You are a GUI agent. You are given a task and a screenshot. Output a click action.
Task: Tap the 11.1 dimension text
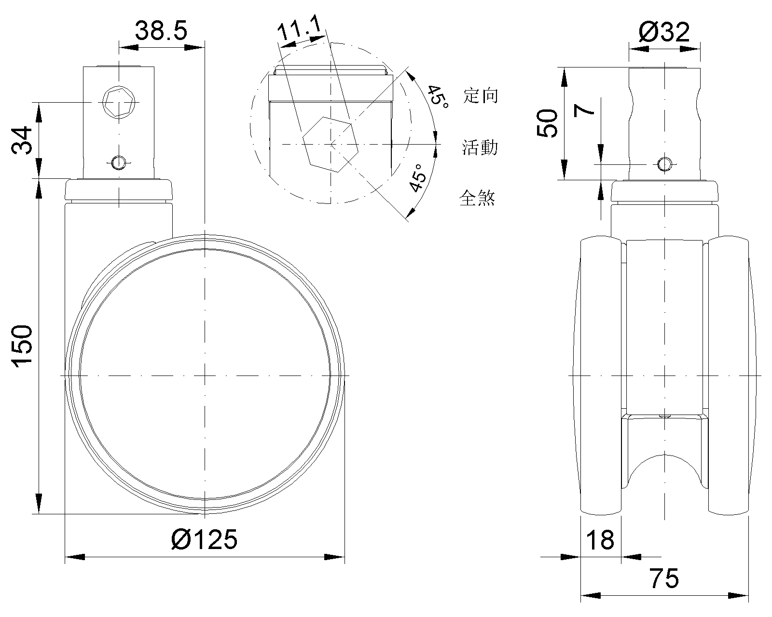tap(300, 27)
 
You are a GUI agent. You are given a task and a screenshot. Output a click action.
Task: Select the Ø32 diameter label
tap(664, 32)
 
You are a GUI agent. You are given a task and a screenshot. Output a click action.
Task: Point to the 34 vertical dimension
tap(22, 140)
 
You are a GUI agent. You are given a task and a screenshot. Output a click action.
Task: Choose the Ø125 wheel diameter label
tap(204, 539)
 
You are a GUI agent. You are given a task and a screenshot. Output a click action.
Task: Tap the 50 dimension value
tap(548, 123)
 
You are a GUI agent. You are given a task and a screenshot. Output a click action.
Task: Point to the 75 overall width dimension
tap(664, 578)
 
